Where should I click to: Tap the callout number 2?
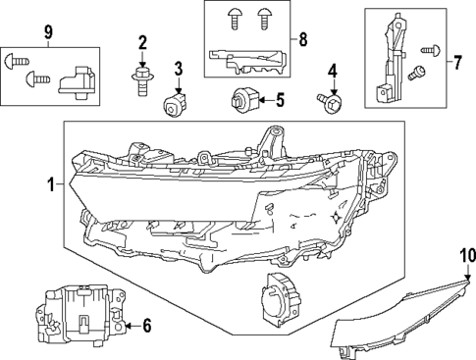(x=142, y=42)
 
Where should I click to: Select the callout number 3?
(x=178, y=68)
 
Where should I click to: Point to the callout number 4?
(x=332, y=71)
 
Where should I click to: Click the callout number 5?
(x=279, y=99)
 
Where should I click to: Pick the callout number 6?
(x=147, y=325)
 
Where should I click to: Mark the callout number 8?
(x=302, y=40)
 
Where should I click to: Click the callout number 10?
(x=465, y=257)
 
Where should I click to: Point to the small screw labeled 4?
(x=328, y=98)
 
